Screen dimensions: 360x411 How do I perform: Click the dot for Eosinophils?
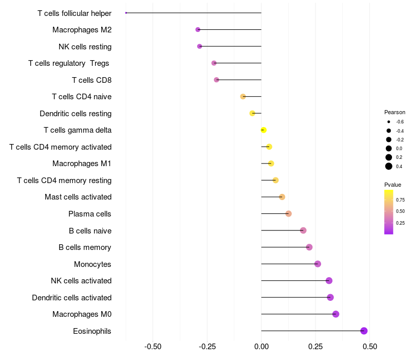click(x=364, y=331)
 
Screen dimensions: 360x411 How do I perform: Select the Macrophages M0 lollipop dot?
click(x=335, y=314)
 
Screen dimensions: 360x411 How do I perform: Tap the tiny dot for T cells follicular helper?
click(x=126, y=13)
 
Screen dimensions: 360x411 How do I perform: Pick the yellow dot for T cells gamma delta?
click(x=264, y=130)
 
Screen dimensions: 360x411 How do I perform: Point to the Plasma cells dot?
click(x=288, y=213)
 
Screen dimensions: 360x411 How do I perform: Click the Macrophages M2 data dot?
click(x=198, y=30)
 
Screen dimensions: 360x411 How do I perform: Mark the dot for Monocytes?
click(x=317, y=264)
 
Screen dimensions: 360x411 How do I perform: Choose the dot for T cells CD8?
click(x=216, y=80)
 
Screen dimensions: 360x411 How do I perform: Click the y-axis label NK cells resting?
click(x=85, y=47)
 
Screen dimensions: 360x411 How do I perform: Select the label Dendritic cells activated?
click(x=71, y=298)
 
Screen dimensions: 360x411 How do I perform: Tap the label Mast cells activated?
click(x=78, y=197)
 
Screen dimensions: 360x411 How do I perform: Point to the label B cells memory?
click(x=85, y=247)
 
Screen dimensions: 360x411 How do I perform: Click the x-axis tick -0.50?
click(x=153, y=346)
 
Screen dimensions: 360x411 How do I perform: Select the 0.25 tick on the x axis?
click(x=315, y=346)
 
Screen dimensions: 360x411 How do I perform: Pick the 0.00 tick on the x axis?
click(x=261, y=346)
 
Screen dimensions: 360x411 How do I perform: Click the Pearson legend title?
click(x=395, y=112)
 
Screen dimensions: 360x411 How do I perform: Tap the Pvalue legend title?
click(x=393, y=185)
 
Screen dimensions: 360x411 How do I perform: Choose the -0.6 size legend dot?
click(x=389, y=122)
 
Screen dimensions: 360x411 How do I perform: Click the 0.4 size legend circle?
click(x=389, y=166)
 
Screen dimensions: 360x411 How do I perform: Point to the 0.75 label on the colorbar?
click(x=400, y=200)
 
